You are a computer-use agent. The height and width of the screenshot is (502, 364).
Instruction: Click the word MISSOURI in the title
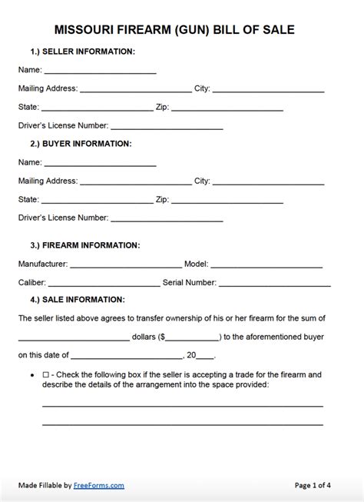point(85,30)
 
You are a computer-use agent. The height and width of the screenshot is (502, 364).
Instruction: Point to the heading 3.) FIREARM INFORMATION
point(84,245)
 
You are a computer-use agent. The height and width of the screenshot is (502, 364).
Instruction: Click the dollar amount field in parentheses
point(191,337)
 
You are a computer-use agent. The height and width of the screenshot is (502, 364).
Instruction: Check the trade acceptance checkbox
point(46,374)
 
